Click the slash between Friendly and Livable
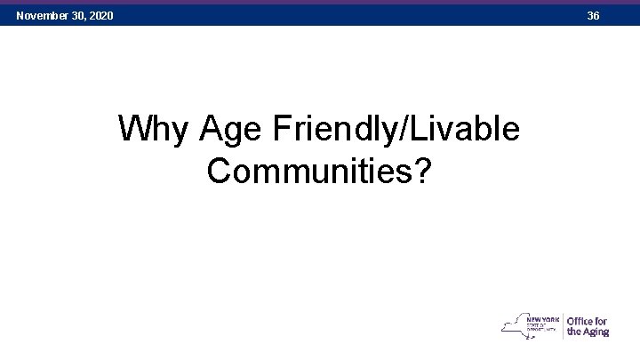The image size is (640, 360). [407, 131]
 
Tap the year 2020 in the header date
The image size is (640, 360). [100, 16]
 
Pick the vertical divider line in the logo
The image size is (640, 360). [562, 325]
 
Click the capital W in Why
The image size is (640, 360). [132, 131]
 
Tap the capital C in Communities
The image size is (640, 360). [219, 171]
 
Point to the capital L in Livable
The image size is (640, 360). [422, 131]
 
